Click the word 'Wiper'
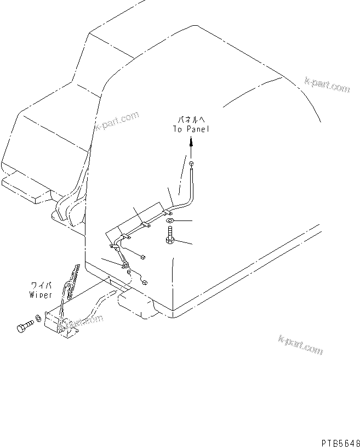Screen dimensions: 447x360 [41, 295]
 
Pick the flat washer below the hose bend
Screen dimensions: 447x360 [169, 221]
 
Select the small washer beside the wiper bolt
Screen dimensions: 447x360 [38, 318]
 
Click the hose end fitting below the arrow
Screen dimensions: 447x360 [190, 165]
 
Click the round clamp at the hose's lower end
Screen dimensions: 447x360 [126, 266]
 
